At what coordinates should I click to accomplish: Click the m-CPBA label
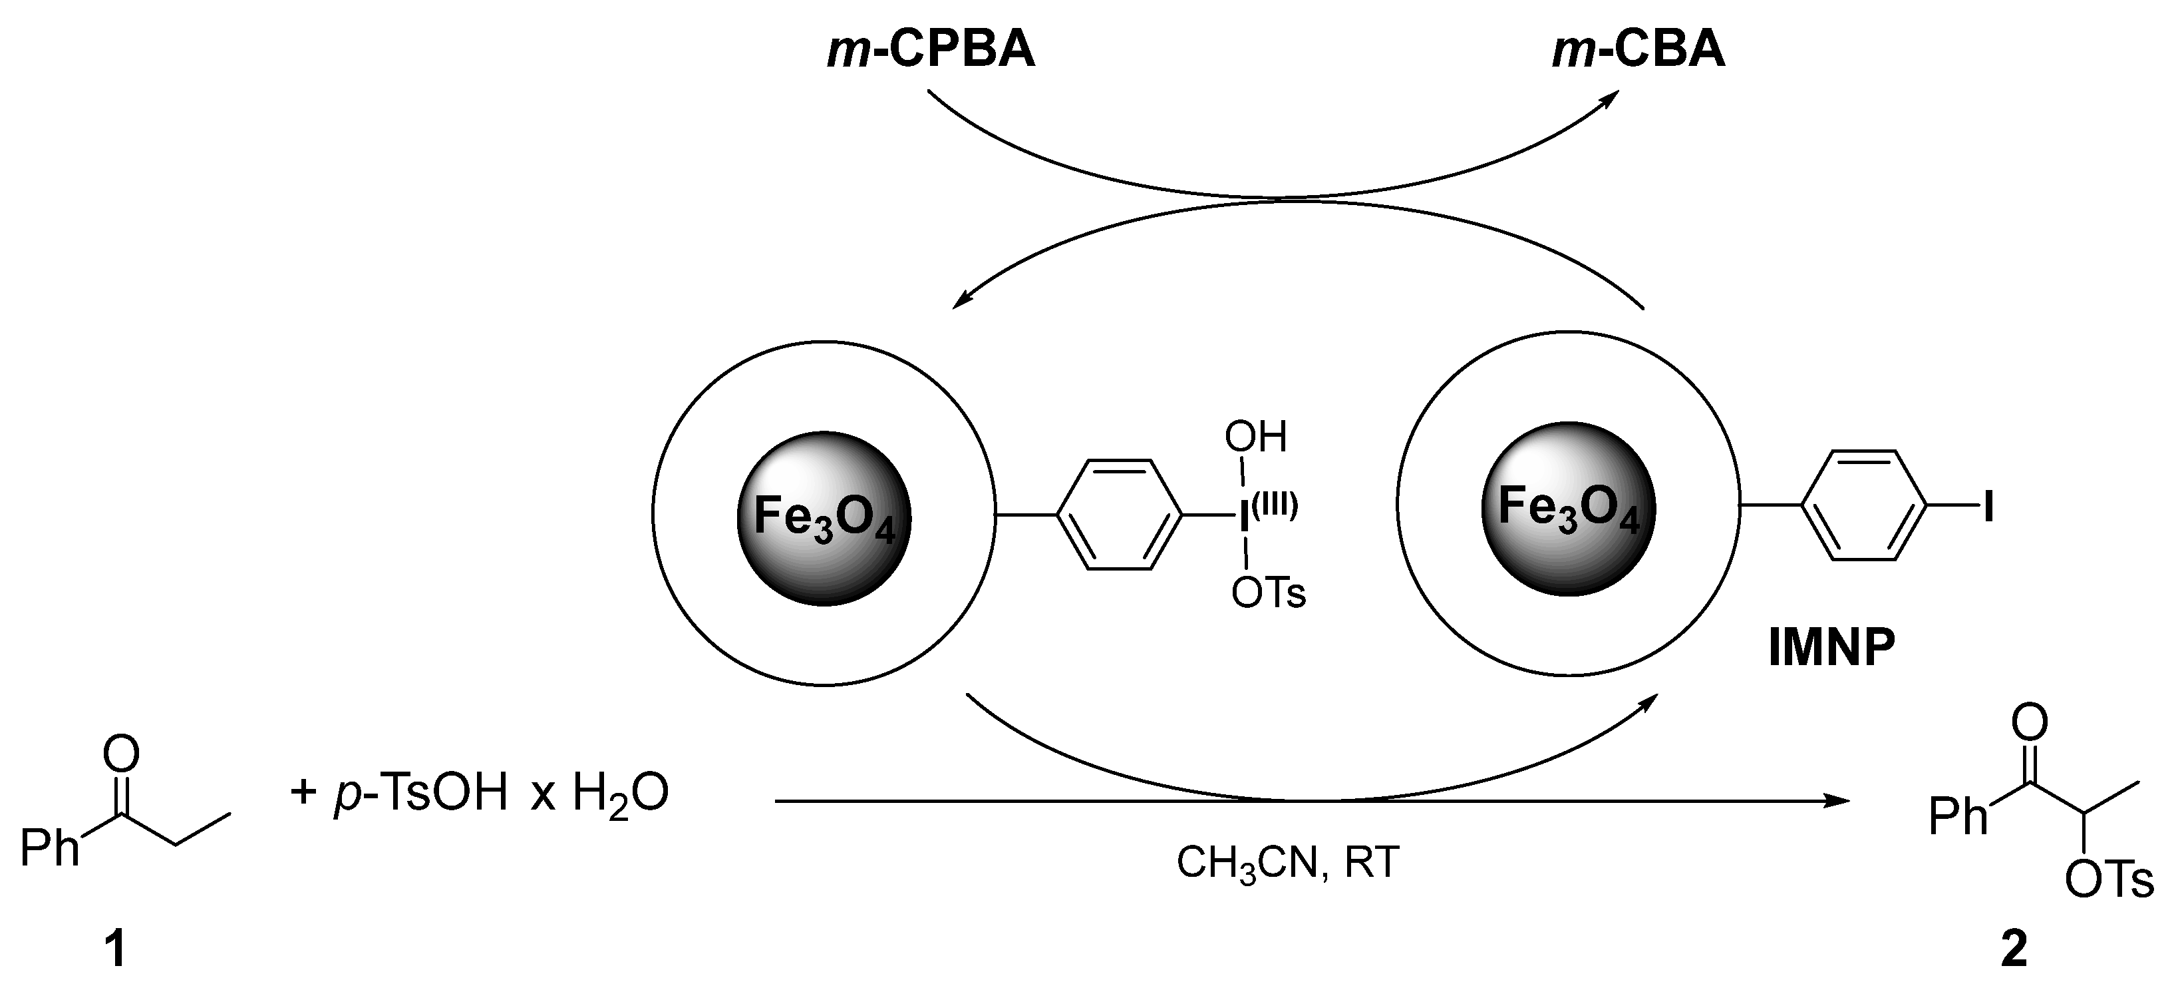pyautogui.click(x=931, y=50)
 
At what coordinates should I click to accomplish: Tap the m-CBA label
pyautogui.click(x=1638, y=50)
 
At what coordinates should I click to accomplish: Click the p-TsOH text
pyautogui.click(x=421, y=794)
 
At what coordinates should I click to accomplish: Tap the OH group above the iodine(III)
pyautogui.click(x=1255, y=437)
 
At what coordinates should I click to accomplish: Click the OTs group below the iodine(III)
pyautogui.click(x=1268, y=594)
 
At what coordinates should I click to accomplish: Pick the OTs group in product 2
pyautogui.click(x=2109, y=881)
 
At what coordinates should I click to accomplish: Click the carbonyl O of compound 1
pyautogui.click(x=121, y=754)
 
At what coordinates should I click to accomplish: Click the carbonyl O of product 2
pyautogui.click(x=2029, y=722)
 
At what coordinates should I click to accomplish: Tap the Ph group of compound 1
pyautogui.click(x=49, y=848)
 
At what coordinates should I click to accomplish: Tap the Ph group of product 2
pyautogui.click(x=1957, y=816)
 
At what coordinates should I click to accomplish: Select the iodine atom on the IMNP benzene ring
pyautogui.click(x=1988, y=507)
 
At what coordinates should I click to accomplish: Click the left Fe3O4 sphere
pyautogui.click(x=824, y=518)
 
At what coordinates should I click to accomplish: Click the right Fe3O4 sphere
pyautogui.click(x=1569, y=509)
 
